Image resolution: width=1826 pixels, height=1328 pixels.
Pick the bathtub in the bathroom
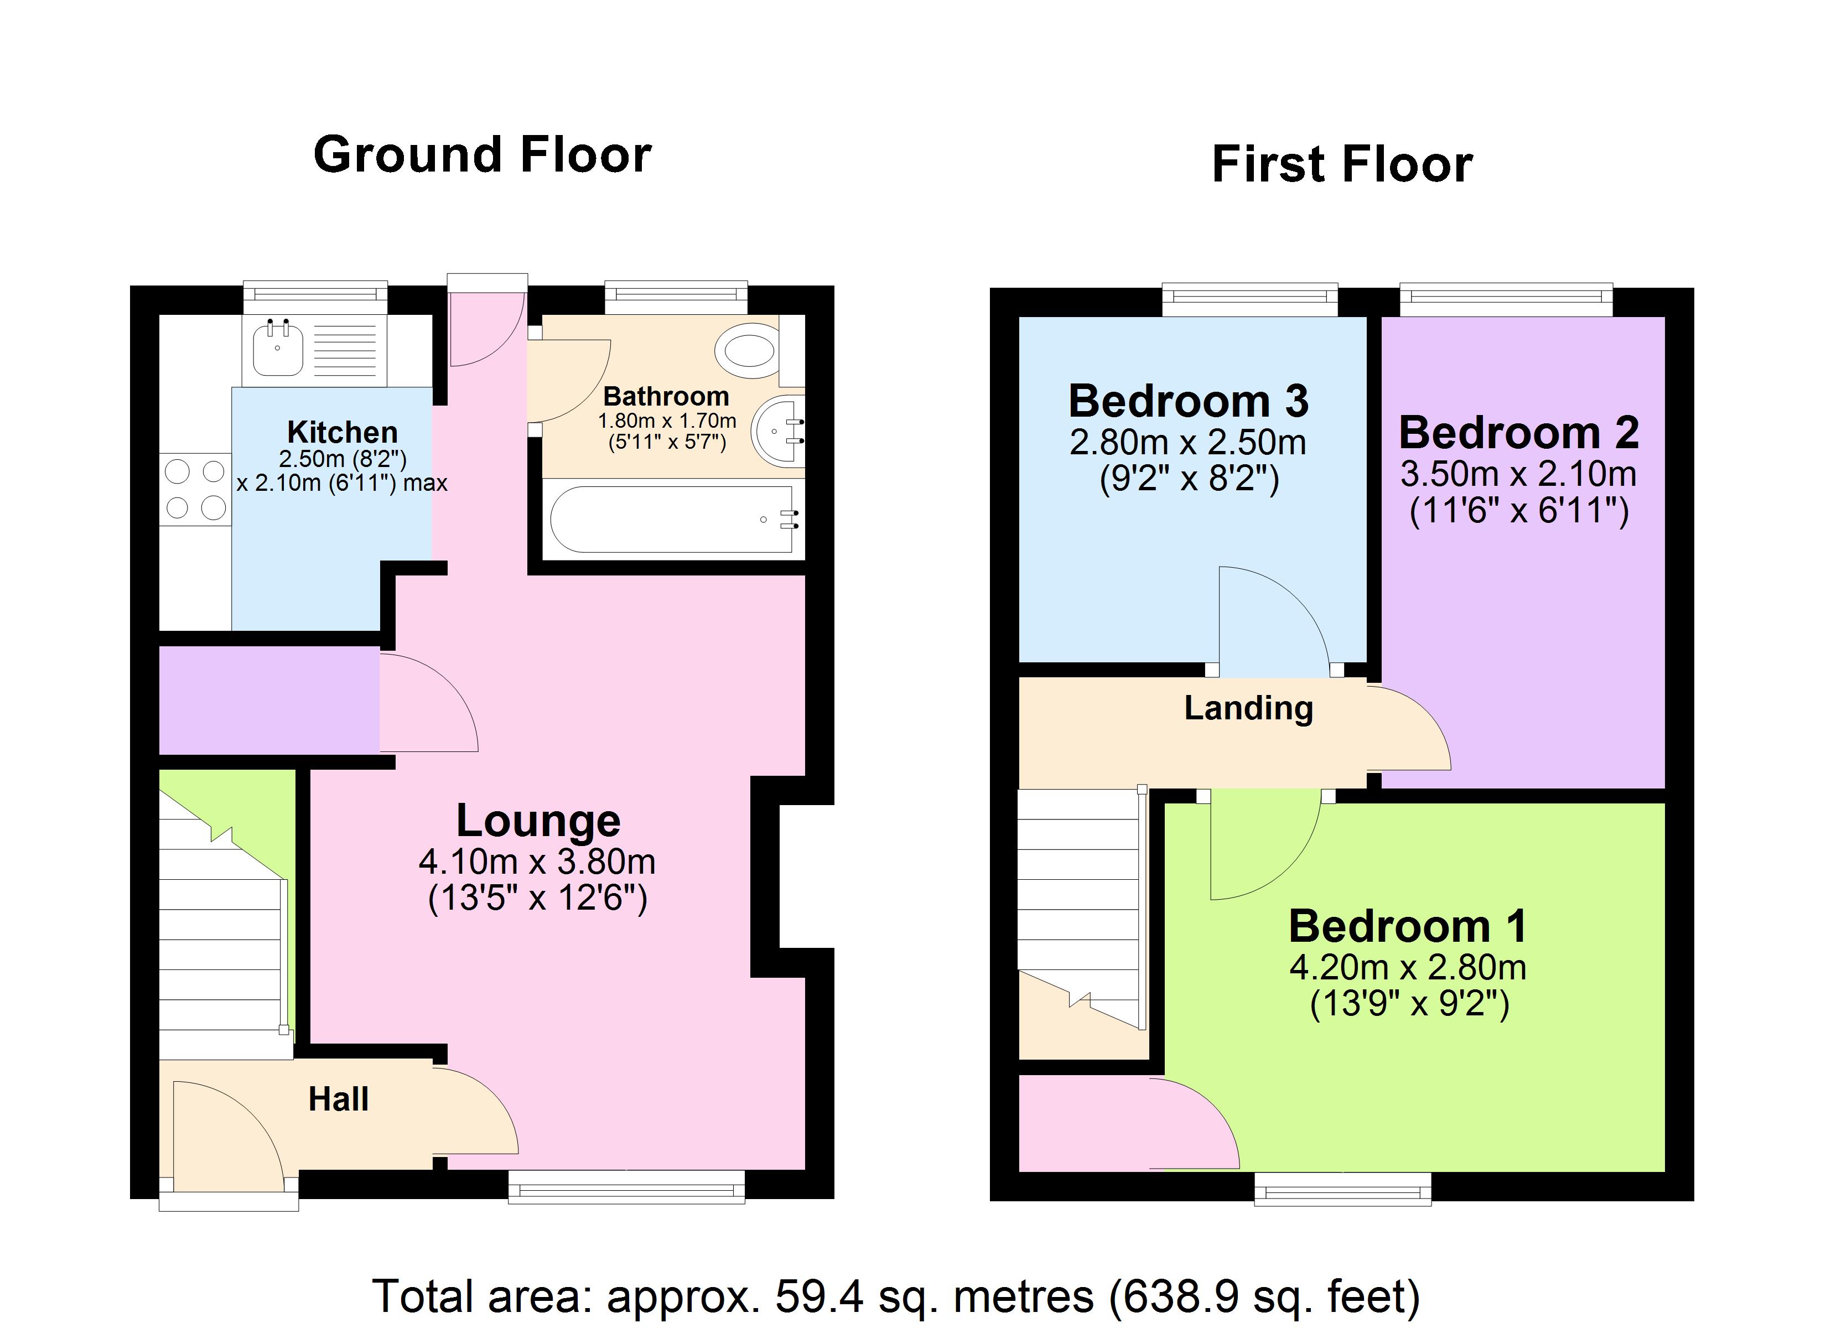coord(672,520)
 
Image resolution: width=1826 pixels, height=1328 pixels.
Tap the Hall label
coord(338,1099)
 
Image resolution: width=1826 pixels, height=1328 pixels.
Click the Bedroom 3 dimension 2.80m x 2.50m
coord(1187,442)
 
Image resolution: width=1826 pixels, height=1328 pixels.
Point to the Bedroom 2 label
coord(1518,433)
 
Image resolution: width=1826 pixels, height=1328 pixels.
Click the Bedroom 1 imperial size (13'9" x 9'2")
coord(1409,1003)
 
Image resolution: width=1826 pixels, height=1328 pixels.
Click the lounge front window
coord(626,1186)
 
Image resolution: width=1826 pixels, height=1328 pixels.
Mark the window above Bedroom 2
coord(1506,299)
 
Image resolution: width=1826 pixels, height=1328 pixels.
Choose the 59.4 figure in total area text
coord(819,1296)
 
